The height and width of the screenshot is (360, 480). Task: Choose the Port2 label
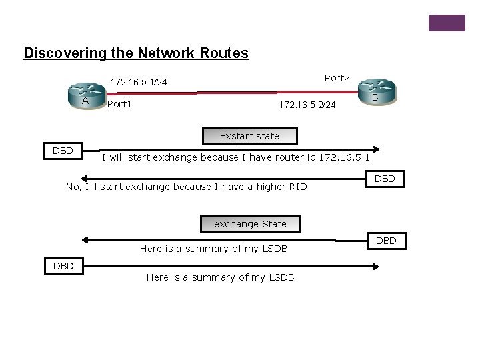click(337, 78)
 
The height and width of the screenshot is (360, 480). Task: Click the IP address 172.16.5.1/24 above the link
click(139, 83)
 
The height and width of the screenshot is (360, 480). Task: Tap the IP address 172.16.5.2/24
click(307, 105)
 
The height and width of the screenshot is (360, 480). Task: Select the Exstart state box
click(249, 136)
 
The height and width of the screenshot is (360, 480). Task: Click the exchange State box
click(250, 224)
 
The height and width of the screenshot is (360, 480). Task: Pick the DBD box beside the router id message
click(63, 151)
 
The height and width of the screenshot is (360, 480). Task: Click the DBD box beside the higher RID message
click(385, 179)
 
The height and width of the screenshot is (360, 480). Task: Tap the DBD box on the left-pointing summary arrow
click(387, 240)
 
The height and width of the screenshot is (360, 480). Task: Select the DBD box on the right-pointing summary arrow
click(63, 266)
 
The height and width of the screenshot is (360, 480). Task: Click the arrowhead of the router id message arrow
click(377, 150)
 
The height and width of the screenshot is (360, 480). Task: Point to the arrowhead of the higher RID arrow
click(83, 178)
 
